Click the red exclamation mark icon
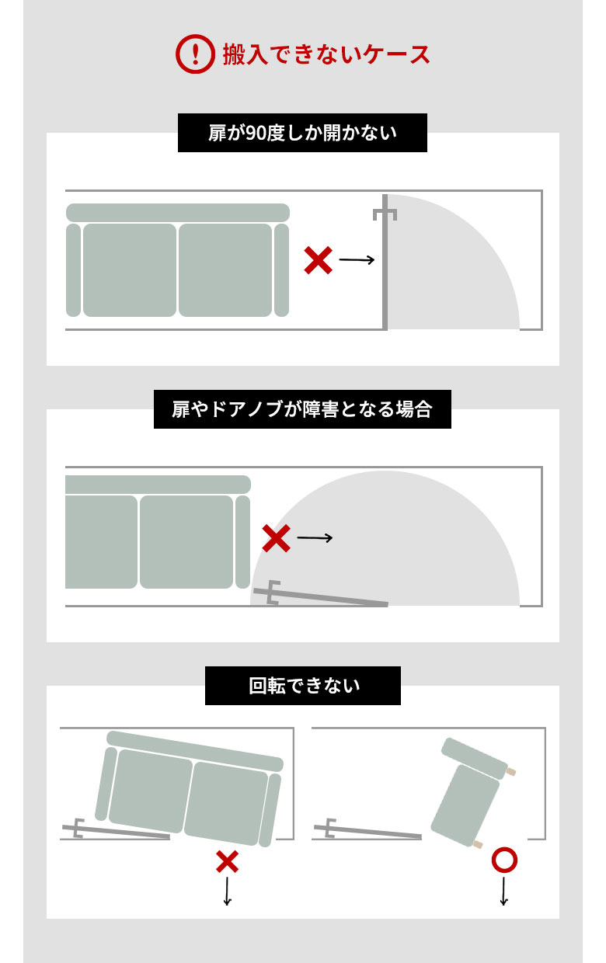point(195,54)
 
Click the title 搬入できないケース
point(326,54)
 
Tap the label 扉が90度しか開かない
point(302,133)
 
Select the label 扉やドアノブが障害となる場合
point(302,409)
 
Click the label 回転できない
point(303,686)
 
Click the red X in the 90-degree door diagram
point(318,261)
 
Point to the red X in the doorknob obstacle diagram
point(276,538)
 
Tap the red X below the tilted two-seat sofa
point(227,861)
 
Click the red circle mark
point(504,860)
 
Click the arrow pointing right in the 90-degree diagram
point(357,260)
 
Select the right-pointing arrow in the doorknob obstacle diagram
point(315,537)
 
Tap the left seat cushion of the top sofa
point(130,270)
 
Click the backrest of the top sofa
point(178,213)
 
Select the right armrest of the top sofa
point(281,270)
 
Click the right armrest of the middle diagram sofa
point(242,541)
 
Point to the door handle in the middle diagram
point(273,593)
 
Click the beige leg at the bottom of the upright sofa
point(478,844)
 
